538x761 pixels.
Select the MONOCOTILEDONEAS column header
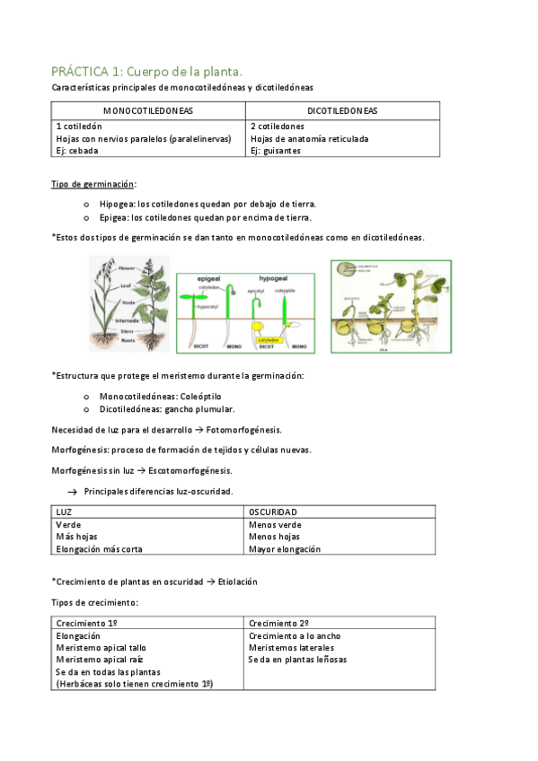click(147, 111)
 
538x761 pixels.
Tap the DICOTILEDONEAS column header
click(342, 111)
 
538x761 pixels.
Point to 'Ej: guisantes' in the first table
click(276, 151)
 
